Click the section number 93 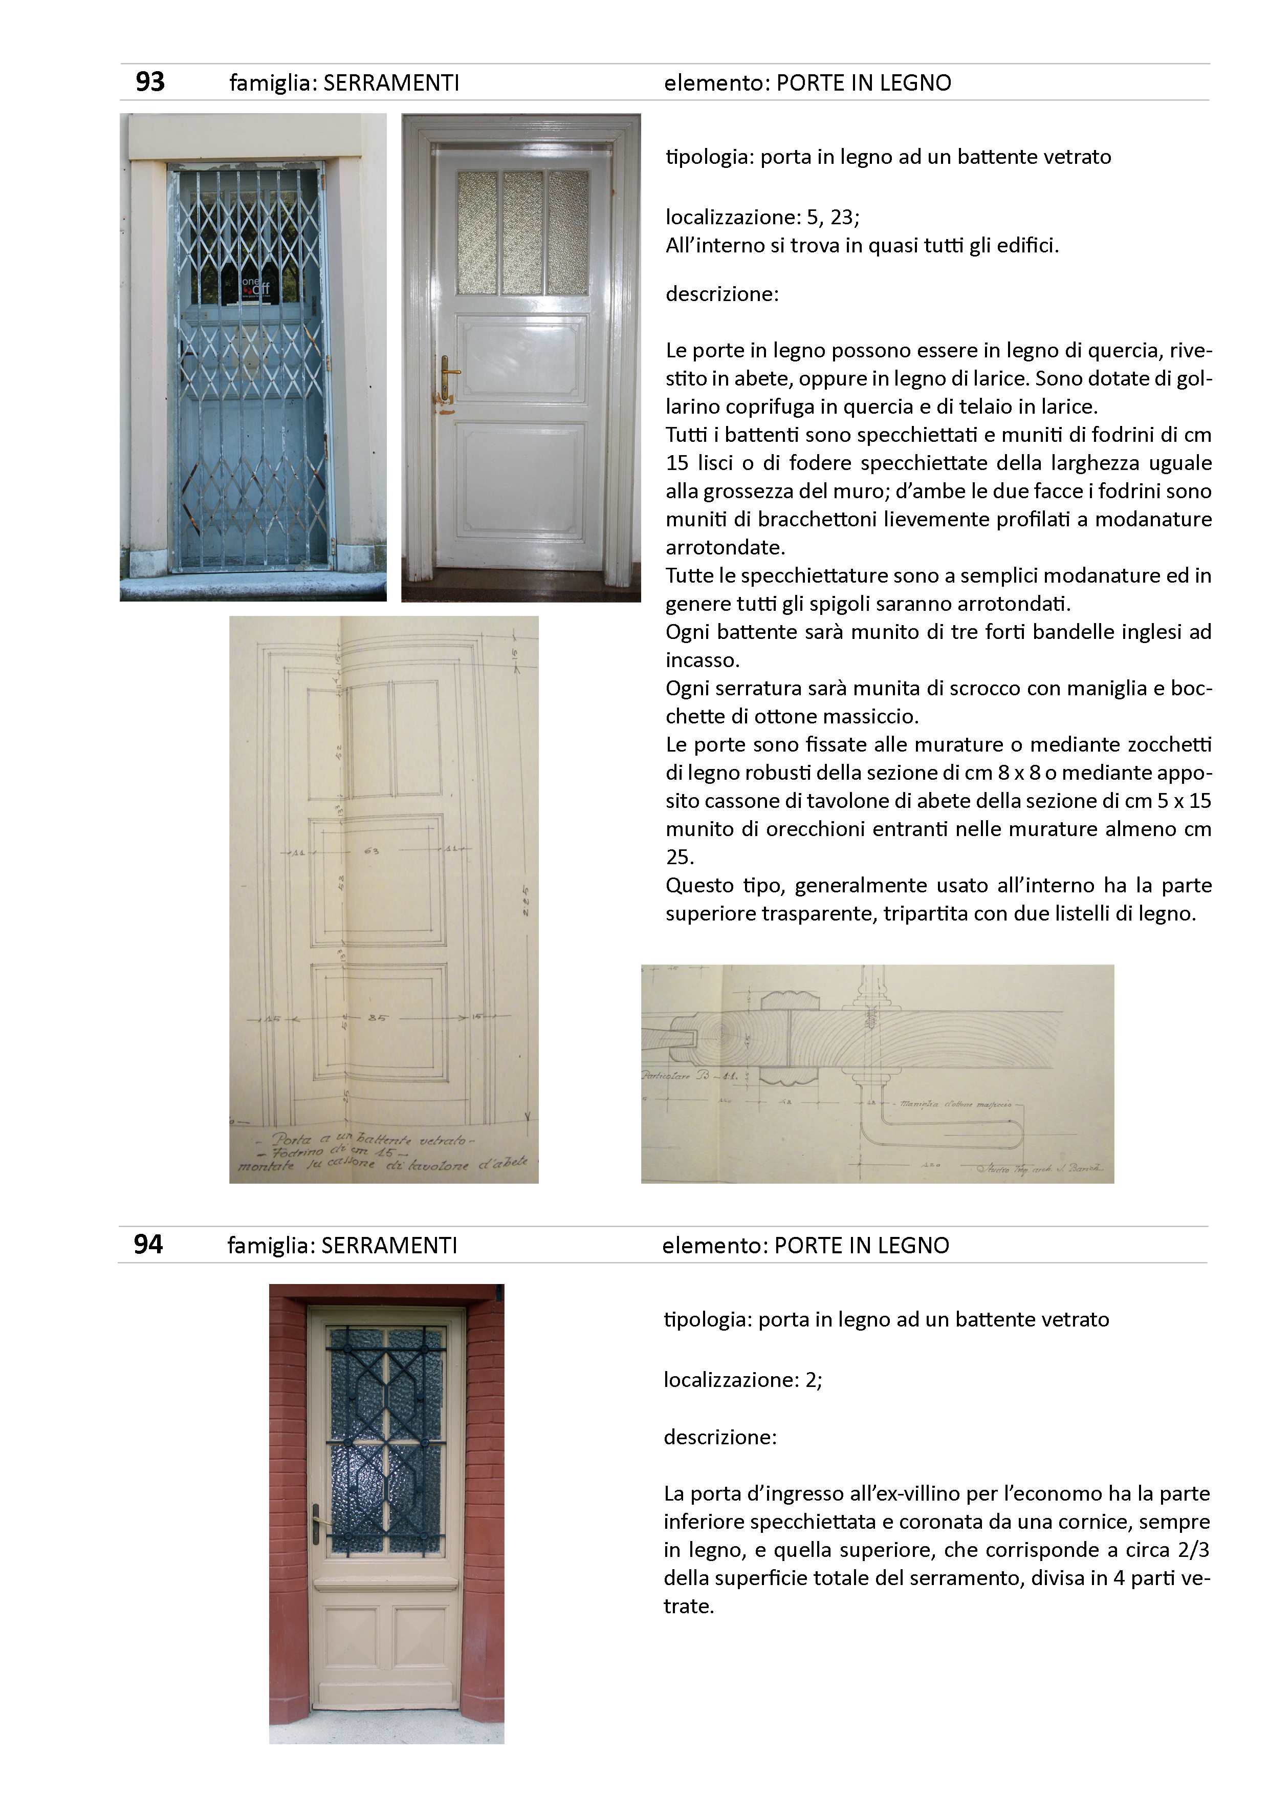tap(150, 82)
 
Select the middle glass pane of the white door tap(522, 232)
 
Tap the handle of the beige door tap(317, 1522)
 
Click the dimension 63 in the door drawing tap(371, 851)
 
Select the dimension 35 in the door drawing tap(377, 1018)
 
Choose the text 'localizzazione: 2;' tap(743, 1379)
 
